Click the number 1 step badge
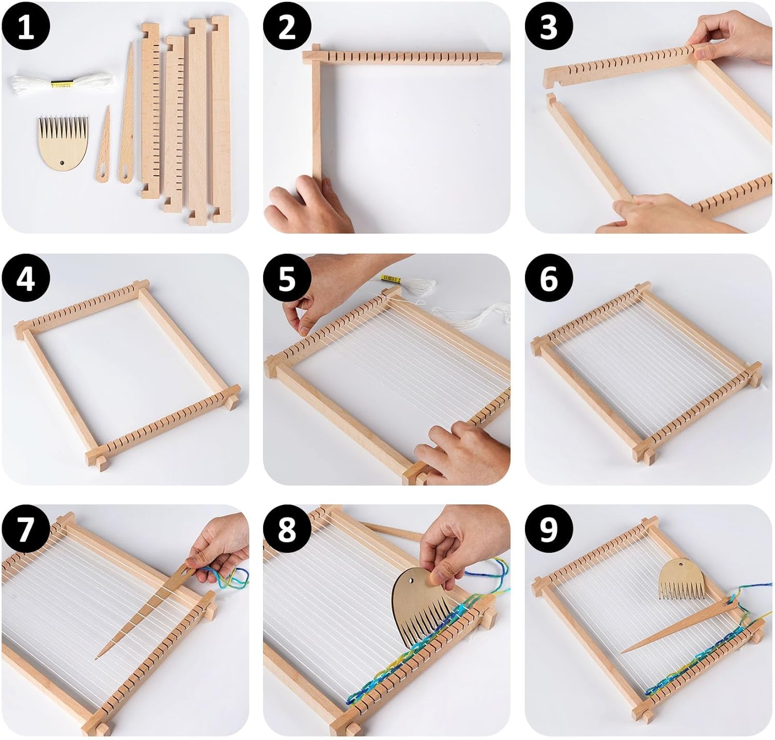pyautogui.click(x=25, y=26)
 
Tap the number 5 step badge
pyautogui.click(x=287, y=279)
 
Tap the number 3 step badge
pyautogui.click(x=549, y=26)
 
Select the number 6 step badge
pyautogui.click(x=549, y=279)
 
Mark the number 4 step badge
pyautogui.click(x=25, y=279)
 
